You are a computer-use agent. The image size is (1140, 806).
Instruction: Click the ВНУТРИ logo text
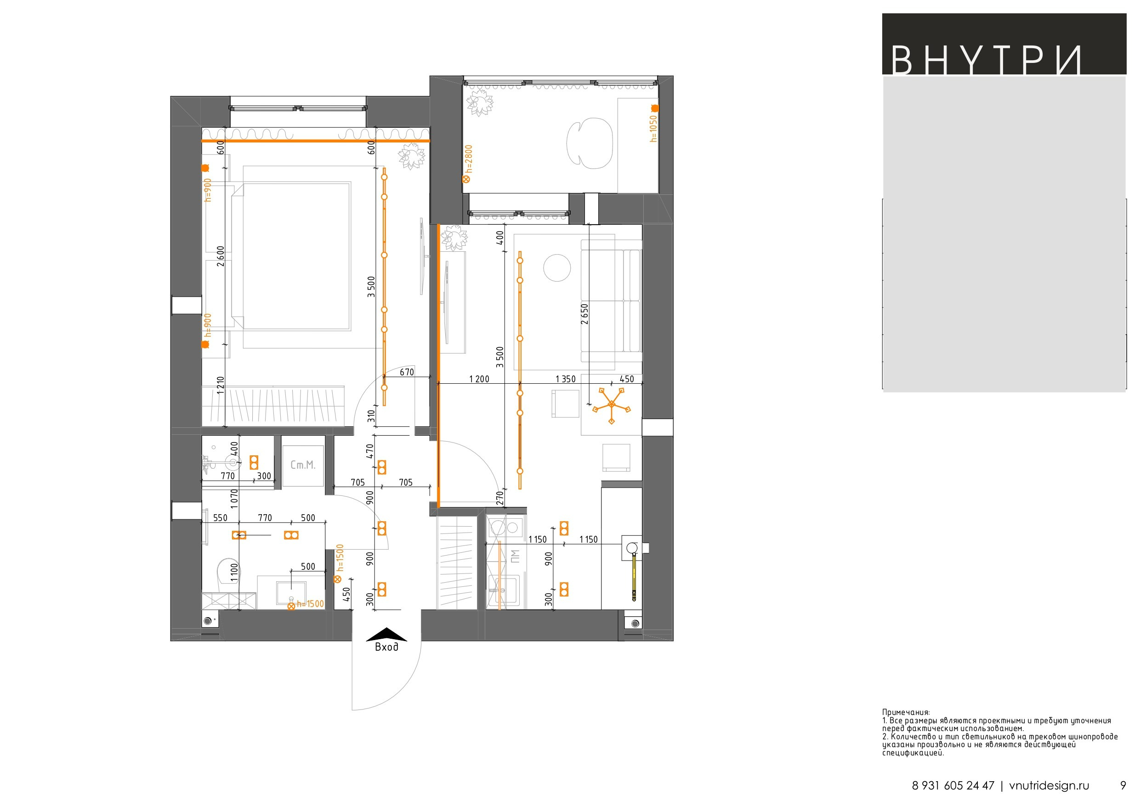pos(986,61)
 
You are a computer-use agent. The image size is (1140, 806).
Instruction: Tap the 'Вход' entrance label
pos(386,647)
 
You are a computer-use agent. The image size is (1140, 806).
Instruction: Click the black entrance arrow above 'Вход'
pos(387,635)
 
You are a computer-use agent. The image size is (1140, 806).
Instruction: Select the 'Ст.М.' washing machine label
pos(303,465)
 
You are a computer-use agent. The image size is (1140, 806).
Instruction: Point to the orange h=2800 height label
pos(468,159)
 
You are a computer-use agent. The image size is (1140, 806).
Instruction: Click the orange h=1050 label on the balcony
pos(653,129)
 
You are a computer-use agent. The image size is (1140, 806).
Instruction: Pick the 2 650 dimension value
pos(584,314)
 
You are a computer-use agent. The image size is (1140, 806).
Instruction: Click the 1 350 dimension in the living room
pos(566,379)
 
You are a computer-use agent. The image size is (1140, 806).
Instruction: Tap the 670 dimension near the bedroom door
pos(407,372)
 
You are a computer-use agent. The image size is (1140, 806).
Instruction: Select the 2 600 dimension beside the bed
pos(221,256)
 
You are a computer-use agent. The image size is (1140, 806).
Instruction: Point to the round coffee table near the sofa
pos(557,268)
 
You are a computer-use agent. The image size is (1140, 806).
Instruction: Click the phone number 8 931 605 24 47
pos(953,786)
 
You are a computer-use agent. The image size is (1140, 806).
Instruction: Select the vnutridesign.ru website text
pos(1049,786)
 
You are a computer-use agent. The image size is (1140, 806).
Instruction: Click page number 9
pos(1123,786)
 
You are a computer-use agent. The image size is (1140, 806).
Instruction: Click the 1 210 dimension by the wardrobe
pos(221,386)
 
